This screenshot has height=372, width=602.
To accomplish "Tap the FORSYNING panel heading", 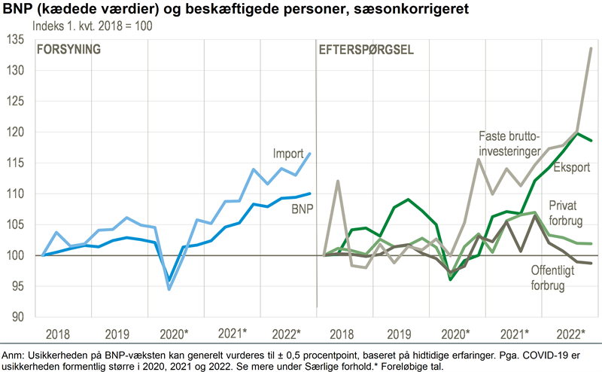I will tap(69, 50).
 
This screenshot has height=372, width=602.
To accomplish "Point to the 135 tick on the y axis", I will tap(17, 39).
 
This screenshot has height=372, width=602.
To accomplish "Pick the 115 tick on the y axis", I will tap(17, 163).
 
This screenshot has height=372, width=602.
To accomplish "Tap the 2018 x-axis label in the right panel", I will tap(340, 334).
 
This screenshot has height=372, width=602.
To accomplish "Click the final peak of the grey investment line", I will tap(591, 48).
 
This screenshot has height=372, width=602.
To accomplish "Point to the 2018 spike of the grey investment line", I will tap(338, 181).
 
